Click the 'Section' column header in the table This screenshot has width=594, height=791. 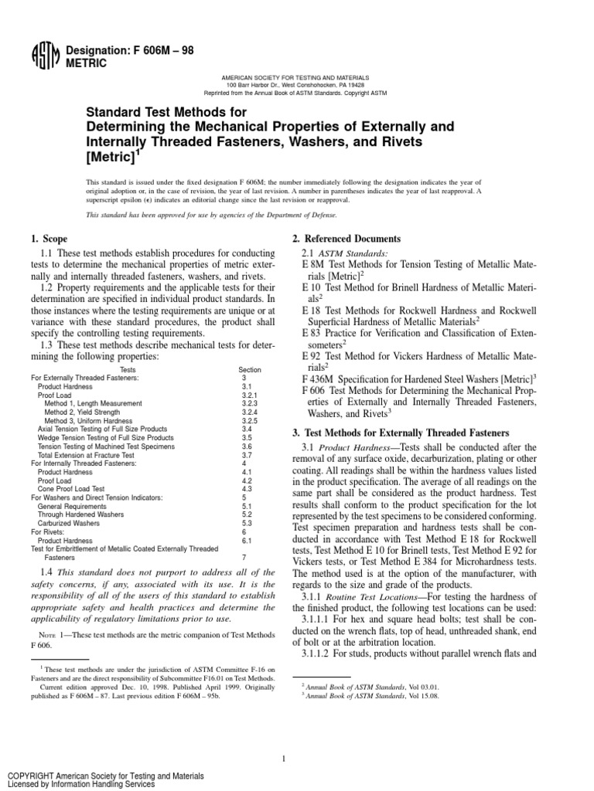(x=250, y=370)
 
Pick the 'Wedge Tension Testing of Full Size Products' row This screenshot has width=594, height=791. (x=106, y=437)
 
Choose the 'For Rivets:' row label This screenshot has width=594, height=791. (x=50, y=531)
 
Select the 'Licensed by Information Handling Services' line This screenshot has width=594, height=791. (x=80, y=783)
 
